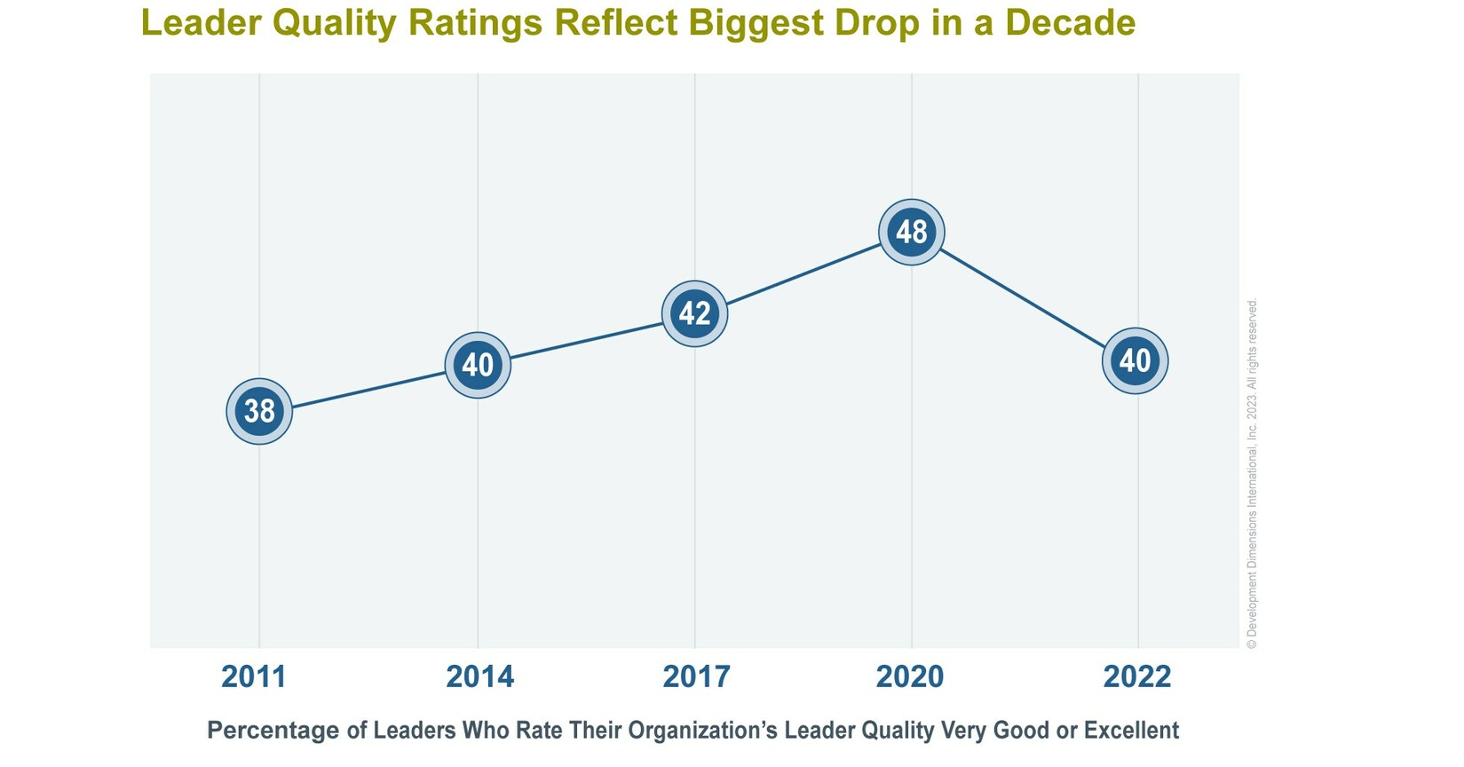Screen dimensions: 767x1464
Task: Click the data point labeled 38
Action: pos(259,411)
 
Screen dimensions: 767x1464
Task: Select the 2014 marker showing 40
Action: pos(478,365)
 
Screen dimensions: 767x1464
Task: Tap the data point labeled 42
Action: pos(694,313)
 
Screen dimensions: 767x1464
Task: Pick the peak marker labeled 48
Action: pos(912,232)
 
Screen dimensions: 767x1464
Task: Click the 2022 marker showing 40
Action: pos(1135,360)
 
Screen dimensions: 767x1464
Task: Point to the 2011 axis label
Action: pos(254,677)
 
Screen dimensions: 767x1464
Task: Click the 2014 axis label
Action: pos(479,677)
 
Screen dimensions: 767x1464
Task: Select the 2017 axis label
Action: pos(696,677)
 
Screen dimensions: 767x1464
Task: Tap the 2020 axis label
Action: pos(910,677)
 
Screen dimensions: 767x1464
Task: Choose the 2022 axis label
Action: pos(1136,677)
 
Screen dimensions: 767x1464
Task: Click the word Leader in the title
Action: pos(196,22)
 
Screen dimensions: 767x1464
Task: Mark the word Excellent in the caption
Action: pos(1130,731)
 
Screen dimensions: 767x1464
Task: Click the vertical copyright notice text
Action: pos(1252,475)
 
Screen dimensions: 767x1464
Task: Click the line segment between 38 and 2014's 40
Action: pos(368,388)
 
